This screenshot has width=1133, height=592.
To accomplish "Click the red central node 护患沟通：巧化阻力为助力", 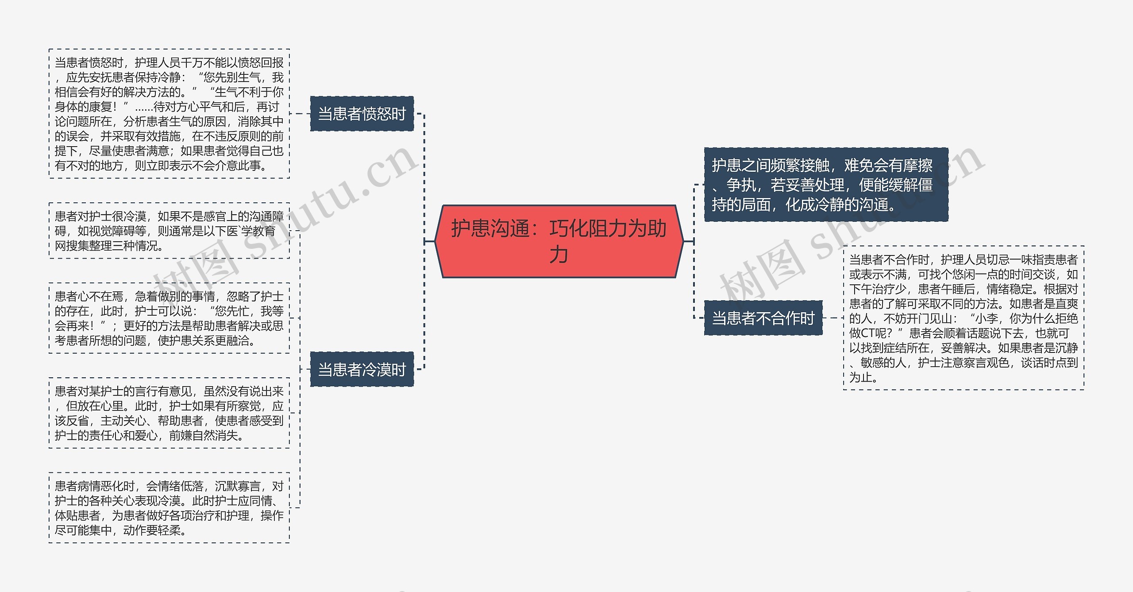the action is point(559,241).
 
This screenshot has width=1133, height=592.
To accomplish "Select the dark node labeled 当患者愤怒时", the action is point(362,114).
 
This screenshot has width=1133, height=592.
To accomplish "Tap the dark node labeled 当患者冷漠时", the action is point(362,369).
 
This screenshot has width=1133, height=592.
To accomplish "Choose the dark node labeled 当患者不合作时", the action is point(763,318).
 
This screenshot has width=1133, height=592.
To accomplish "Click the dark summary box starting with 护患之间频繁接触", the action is point(826,185).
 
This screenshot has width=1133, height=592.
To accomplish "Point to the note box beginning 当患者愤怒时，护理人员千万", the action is point(169,114).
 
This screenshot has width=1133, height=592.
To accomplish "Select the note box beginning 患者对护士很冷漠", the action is point(169,231).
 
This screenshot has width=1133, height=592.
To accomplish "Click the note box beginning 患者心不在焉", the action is point(169,318).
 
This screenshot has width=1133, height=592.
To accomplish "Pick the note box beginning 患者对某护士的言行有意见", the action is point(169,413).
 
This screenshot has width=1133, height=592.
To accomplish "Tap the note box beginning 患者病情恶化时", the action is point(169,507).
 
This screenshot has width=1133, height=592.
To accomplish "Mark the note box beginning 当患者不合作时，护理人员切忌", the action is point(963,318).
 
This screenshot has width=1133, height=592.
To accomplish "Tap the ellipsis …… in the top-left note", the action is point(144,107).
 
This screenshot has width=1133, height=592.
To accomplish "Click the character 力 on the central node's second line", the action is point(559,255).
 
